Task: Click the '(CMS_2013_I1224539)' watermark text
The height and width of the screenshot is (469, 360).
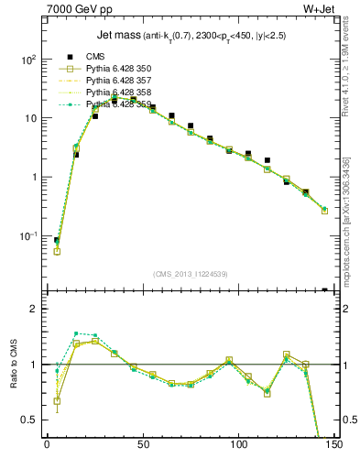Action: point(191,272)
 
